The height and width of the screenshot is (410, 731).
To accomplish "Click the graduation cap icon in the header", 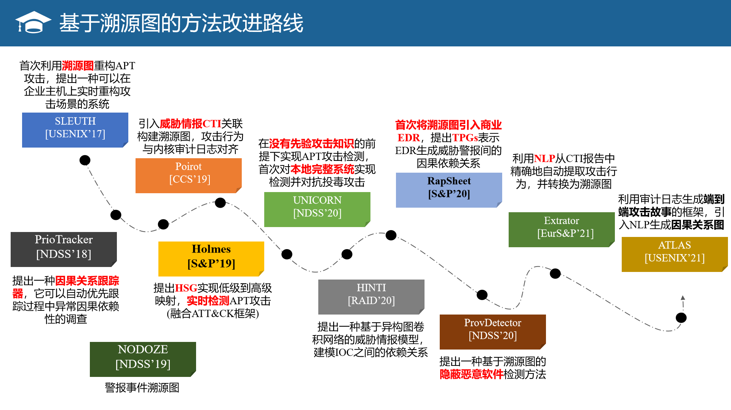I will click(33, 22).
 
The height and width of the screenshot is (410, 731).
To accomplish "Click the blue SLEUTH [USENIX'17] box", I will click(75, 130).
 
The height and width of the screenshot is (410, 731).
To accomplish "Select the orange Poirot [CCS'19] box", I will click(188, 175).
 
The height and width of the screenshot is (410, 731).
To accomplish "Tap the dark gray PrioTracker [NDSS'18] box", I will click(64, 249).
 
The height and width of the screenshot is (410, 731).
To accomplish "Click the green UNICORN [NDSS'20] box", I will click(317, 209).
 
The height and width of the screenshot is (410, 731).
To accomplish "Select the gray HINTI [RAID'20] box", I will click(371, 297).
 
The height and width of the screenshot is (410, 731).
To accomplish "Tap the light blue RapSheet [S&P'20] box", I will click(449, 190).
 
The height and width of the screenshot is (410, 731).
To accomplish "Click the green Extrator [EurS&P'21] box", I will click(562, 229).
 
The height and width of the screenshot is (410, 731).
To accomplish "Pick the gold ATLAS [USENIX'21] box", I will click(675, 254).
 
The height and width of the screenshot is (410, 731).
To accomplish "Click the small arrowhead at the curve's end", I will click(683, 298).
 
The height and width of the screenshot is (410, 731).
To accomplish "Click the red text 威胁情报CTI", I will click(190, 124).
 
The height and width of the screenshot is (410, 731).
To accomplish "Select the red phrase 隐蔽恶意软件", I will click(471, 374).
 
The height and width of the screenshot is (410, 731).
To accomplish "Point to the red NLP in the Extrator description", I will click(544, 158).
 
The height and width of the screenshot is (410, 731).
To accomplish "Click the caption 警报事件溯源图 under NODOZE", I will click(142, 388).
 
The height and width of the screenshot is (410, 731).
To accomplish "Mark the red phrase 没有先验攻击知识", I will click(311, 143).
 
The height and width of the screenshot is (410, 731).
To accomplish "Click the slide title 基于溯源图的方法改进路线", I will click(181, 23).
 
